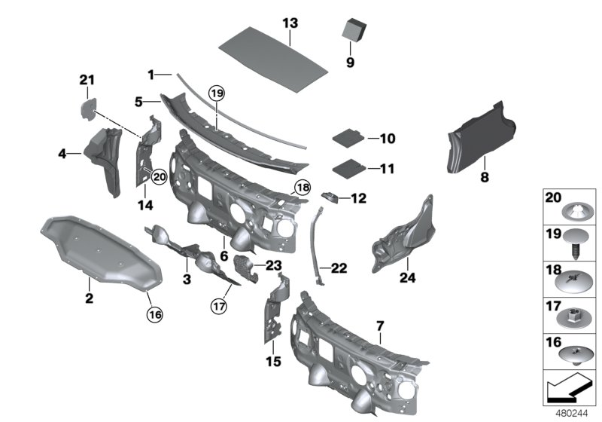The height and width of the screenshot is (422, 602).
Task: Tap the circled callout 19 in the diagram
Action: click(x=217, y=94)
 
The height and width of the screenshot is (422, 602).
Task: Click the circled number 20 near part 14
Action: click(x=158, y=176)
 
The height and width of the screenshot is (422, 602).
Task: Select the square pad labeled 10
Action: click(x=347, y=138)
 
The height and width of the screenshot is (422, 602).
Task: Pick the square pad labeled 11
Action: click(x=347, y=167)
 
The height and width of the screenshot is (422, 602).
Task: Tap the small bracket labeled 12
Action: click(x=330, y=197)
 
